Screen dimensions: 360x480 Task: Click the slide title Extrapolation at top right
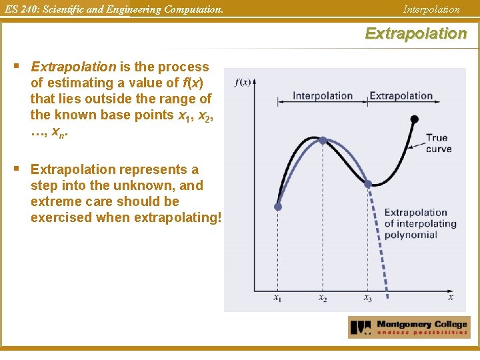coord(415,33)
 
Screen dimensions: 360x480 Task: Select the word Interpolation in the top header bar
coord(431,9)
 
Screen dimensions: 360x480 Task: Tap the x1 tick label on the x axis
coord(277,299)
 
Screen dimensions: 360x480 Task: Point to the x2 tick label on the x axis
coord(322,299)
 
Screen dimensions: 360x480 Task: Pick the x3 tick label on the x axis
coord(367,299)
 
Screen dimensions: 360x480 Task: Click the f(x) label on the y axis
coord(243,83)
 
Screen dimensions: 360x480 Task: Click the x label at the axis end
coord(450,297)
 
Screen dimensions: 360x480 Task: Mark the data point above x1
coord(278,207)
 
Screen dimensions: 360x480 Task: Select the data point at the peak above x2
coord(323,141)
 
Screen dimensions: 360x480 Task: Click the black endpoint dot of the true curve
coord(414,119)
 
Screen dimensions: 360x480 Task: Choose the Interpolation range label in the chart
coord(323,96)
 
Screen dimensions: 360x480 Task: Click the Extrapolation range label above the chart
coord(401,96)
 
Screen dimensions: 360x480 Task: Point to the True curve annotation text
coord(438,143)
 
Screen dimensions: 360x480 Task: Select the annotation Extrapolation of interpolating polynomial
coord(420,223)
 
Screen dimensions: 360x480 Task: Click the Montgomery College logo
coord(409,327)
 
